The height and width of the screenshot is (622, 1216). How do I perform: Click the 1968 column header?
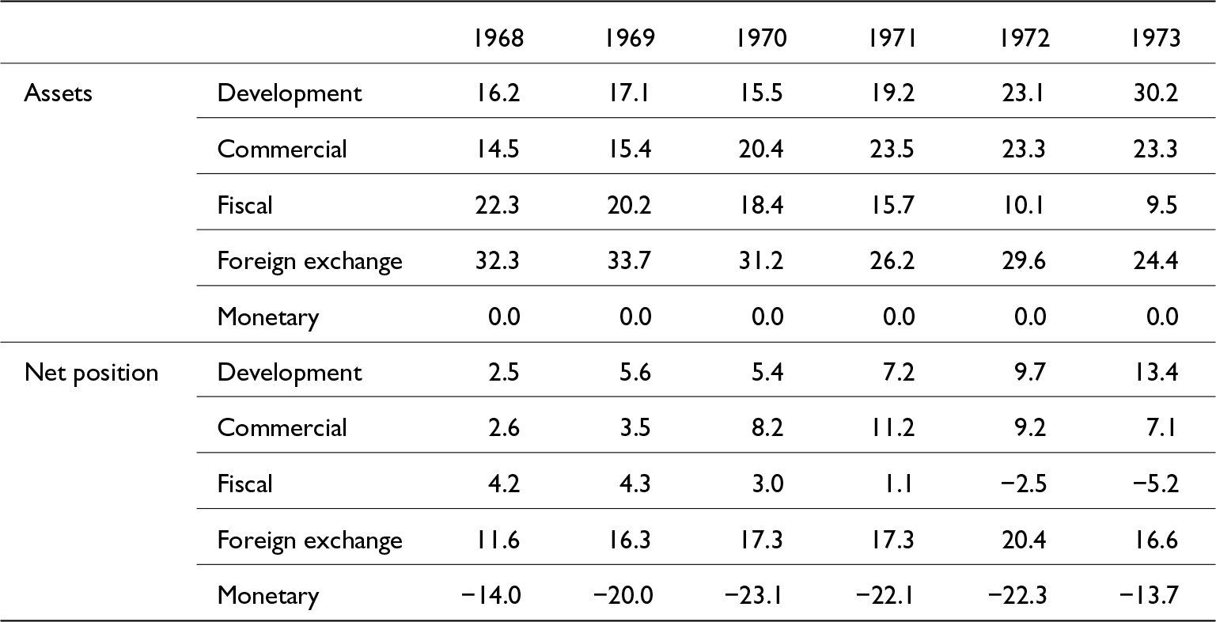[498, 38]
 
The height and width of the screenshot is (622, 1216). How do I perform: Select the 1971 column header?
[892, 38]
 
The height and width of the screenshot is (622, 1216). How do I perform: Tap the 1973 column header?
[1155, 38]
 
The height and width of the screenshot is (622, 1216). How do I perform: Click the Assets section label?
[58, 93]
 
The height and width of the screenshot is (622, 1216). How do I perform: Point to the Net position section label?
[91, 373]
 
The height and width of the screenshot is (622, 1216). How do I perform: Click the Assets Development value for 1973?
[1156, 93]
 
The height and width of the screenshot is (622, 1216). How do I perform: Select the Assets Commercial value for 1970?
[760, 150]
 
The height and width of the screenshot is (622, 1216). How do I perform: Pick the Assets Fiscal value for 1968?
[498, 205]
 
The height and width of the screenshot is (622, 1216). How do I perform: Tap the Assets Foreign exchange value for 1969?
[629, 261]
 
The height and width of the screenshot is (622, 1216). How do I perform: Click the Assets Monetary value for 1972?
[1030, 317]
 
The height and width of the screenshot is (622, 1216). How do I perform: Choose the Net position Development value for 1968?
[503, 373]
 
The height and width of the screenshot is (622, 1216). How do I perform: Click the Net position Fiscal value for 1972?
[1023, 484]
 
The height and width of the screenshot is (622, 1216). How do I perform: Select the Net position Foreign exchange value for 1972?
[1024, 540]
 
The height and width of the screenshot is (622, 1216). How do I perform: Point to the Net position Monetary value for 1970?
[753, 596]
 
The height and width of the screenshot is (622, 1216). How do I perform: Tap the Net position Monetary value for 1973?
[1149, 596]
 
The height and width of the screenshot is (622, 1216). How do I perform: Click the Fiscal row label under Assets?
[244, 205]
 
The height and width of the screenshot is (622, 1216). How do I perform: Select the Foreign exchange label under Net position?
[310, 540]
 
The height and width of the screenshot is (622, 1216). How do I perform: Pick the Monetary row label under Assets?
[268, 317]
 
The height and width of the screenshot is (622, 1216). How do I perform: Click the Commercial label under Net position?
[282, 428]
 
